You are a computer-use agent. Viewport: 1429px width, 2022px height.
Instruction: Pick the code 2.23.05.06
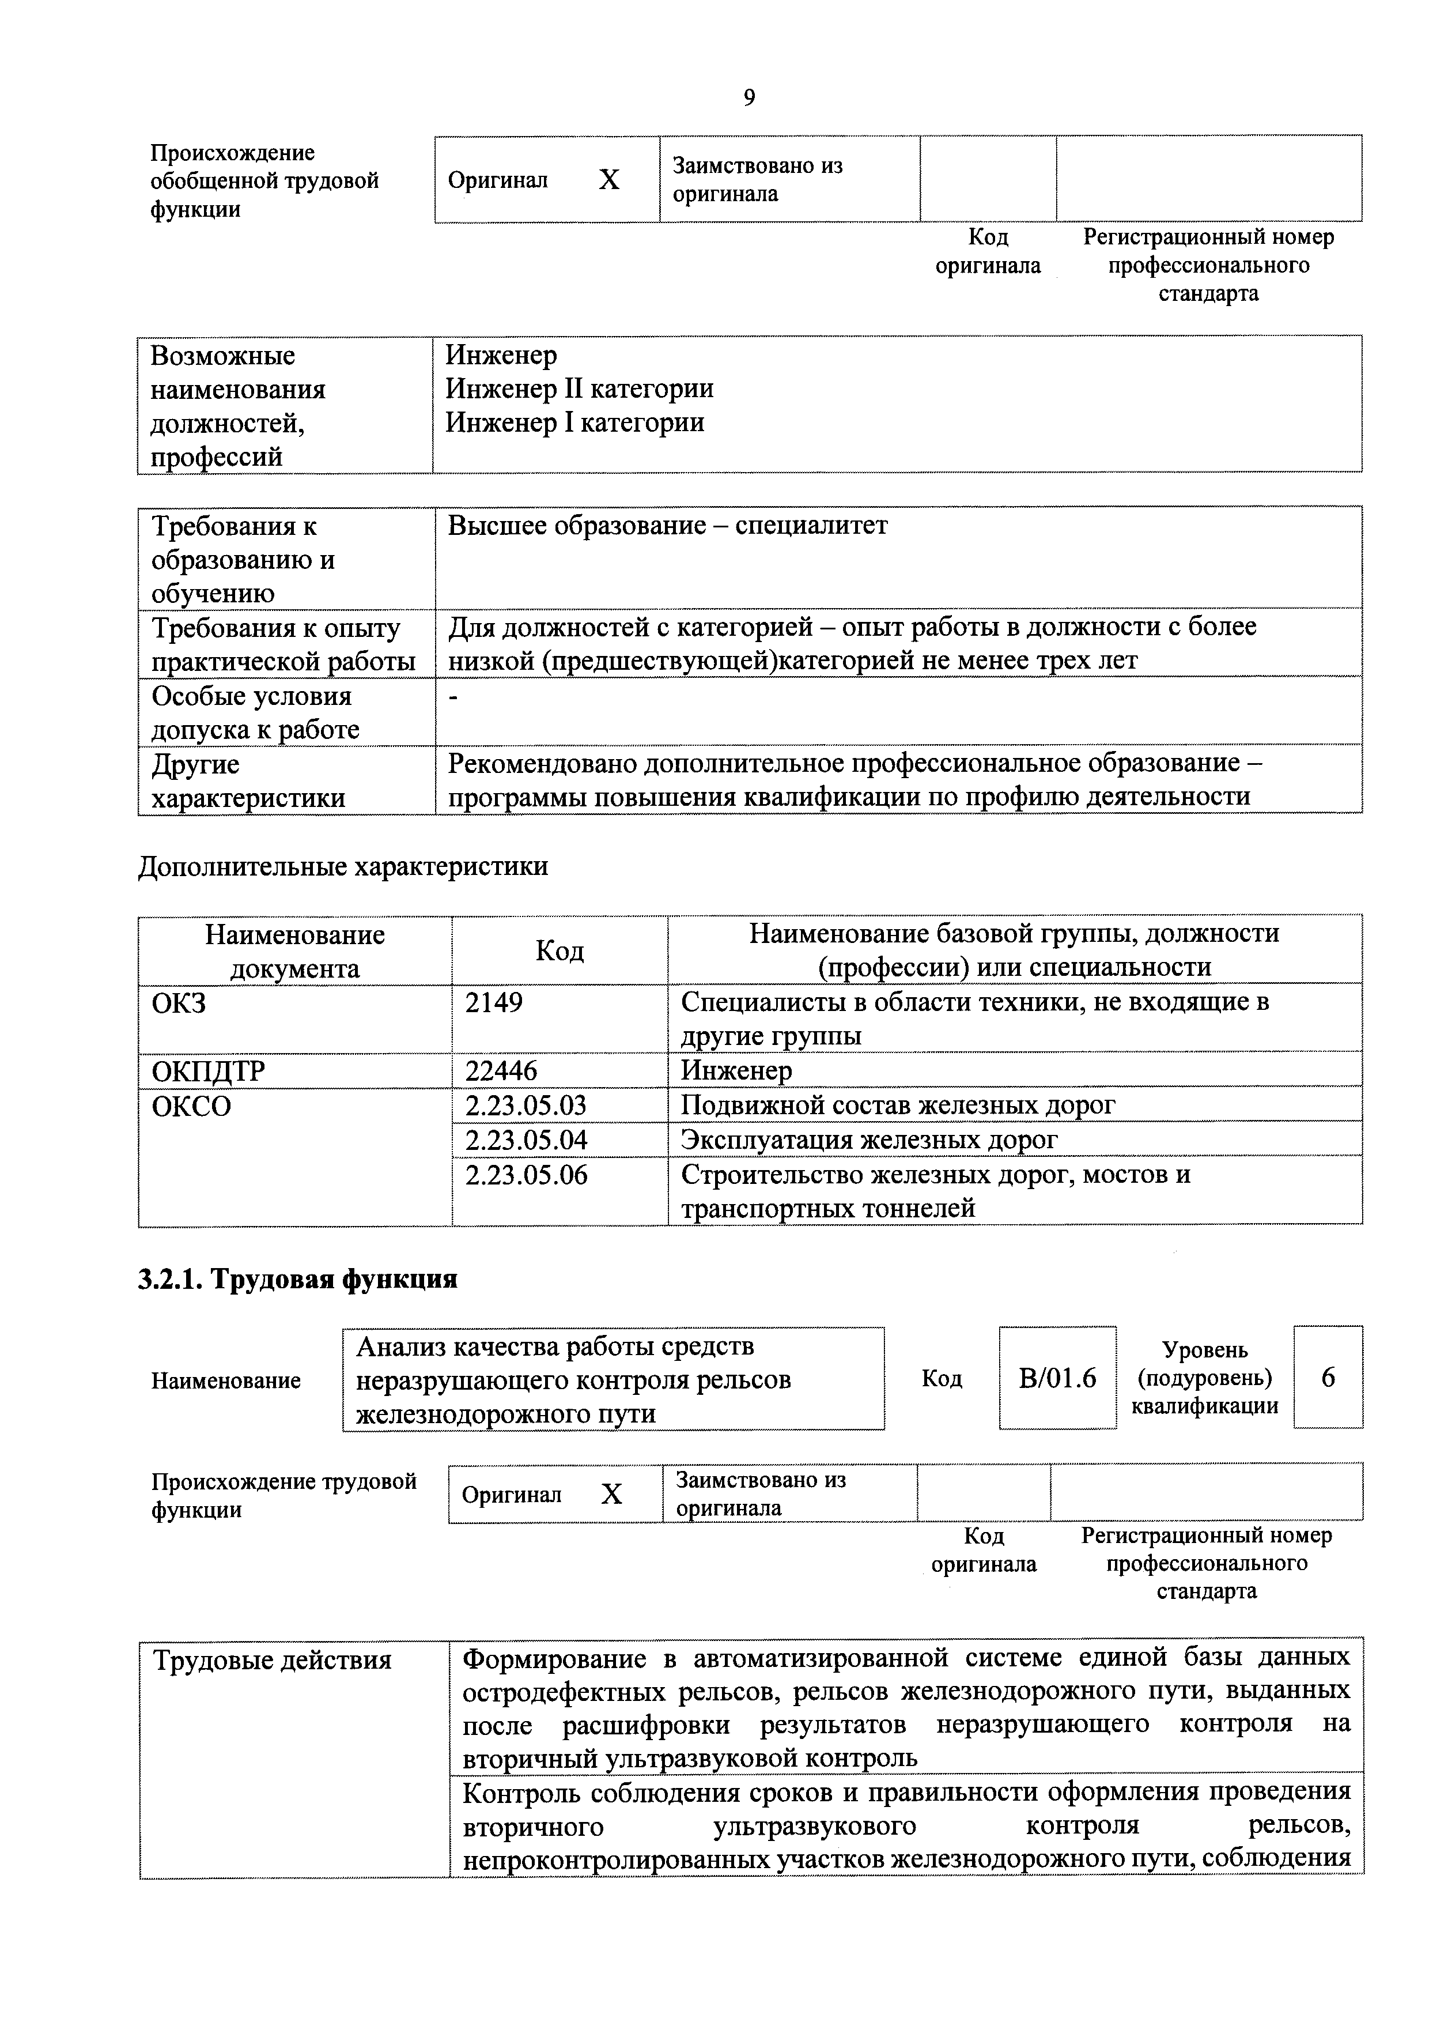click(526, 1175)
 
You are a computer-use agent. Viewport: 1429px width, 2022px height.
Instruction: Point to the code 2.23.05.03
click(526, 1105)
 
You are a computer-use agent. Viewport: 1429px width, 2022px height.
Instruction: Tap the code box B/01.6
click(1057, 1378)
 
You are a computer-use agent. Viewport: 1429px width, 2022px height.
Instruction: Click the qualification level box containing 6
click(1328, 1378)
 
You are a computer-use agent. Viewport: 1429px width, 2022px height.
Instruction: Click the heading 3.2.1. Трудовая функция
click(297, 1278)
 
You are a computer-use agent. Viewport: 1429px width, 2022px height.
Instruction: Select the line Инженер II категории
click(579, 388)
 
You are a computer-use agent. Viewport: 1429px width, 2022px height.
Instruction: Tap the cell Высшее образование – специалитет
click(667, 526)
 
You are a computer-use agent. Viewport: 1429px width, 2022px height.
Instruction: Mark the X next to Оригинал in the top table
click(609, 180)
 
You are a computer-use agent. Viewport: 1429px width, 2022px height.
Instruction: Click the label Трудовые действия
click(272, 1660)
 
